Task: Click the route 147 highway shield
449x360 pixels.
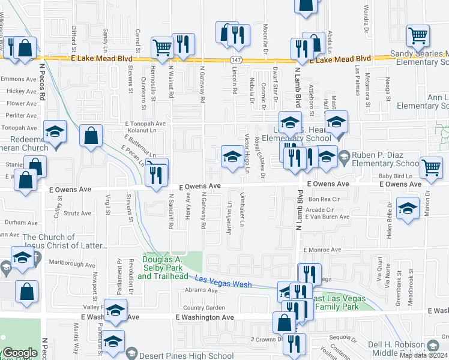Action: pos(237,59)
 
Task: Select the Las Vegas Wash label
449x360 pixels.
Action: pos(223,280)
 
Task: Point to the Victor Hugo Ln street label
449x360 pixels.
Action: pos(247,153)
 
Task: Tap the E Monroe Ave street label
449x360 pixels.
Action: pos(322,250)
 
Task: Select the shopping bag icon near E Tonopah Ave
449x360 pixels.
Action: pos(91,136)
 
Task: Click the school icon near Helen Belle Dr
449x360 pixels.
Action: pos(408,208)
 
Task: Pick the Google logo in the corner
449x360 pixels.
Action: pos(19,353)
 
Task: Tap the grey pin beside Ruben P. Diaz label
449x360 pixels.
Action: pos(343,157)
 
